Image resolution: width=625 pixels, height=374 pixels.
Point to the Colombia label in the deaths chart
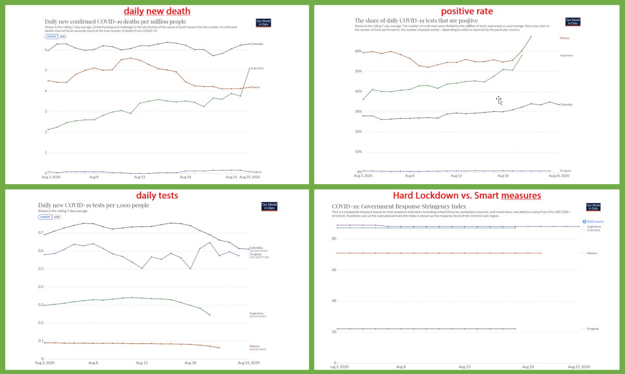[x=256, y=44]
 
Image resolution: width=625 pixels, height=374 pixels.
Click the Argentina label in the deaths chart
[x=257, y=68]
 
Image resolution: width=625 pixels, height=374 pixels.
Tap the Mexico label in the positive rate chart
[x=565, y=38]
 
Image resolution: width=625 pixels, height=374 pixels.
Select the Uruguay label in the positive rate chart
[x=565, y=171]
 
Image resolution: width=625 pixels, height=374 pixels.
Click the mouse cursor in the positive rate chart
[x=499, y=100]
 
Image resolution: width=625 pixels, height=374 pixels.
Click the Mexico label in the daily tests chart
[x=255, y=346]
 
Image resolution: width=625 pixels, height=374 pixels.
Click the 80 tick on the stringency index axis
[x=334, y=239]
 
